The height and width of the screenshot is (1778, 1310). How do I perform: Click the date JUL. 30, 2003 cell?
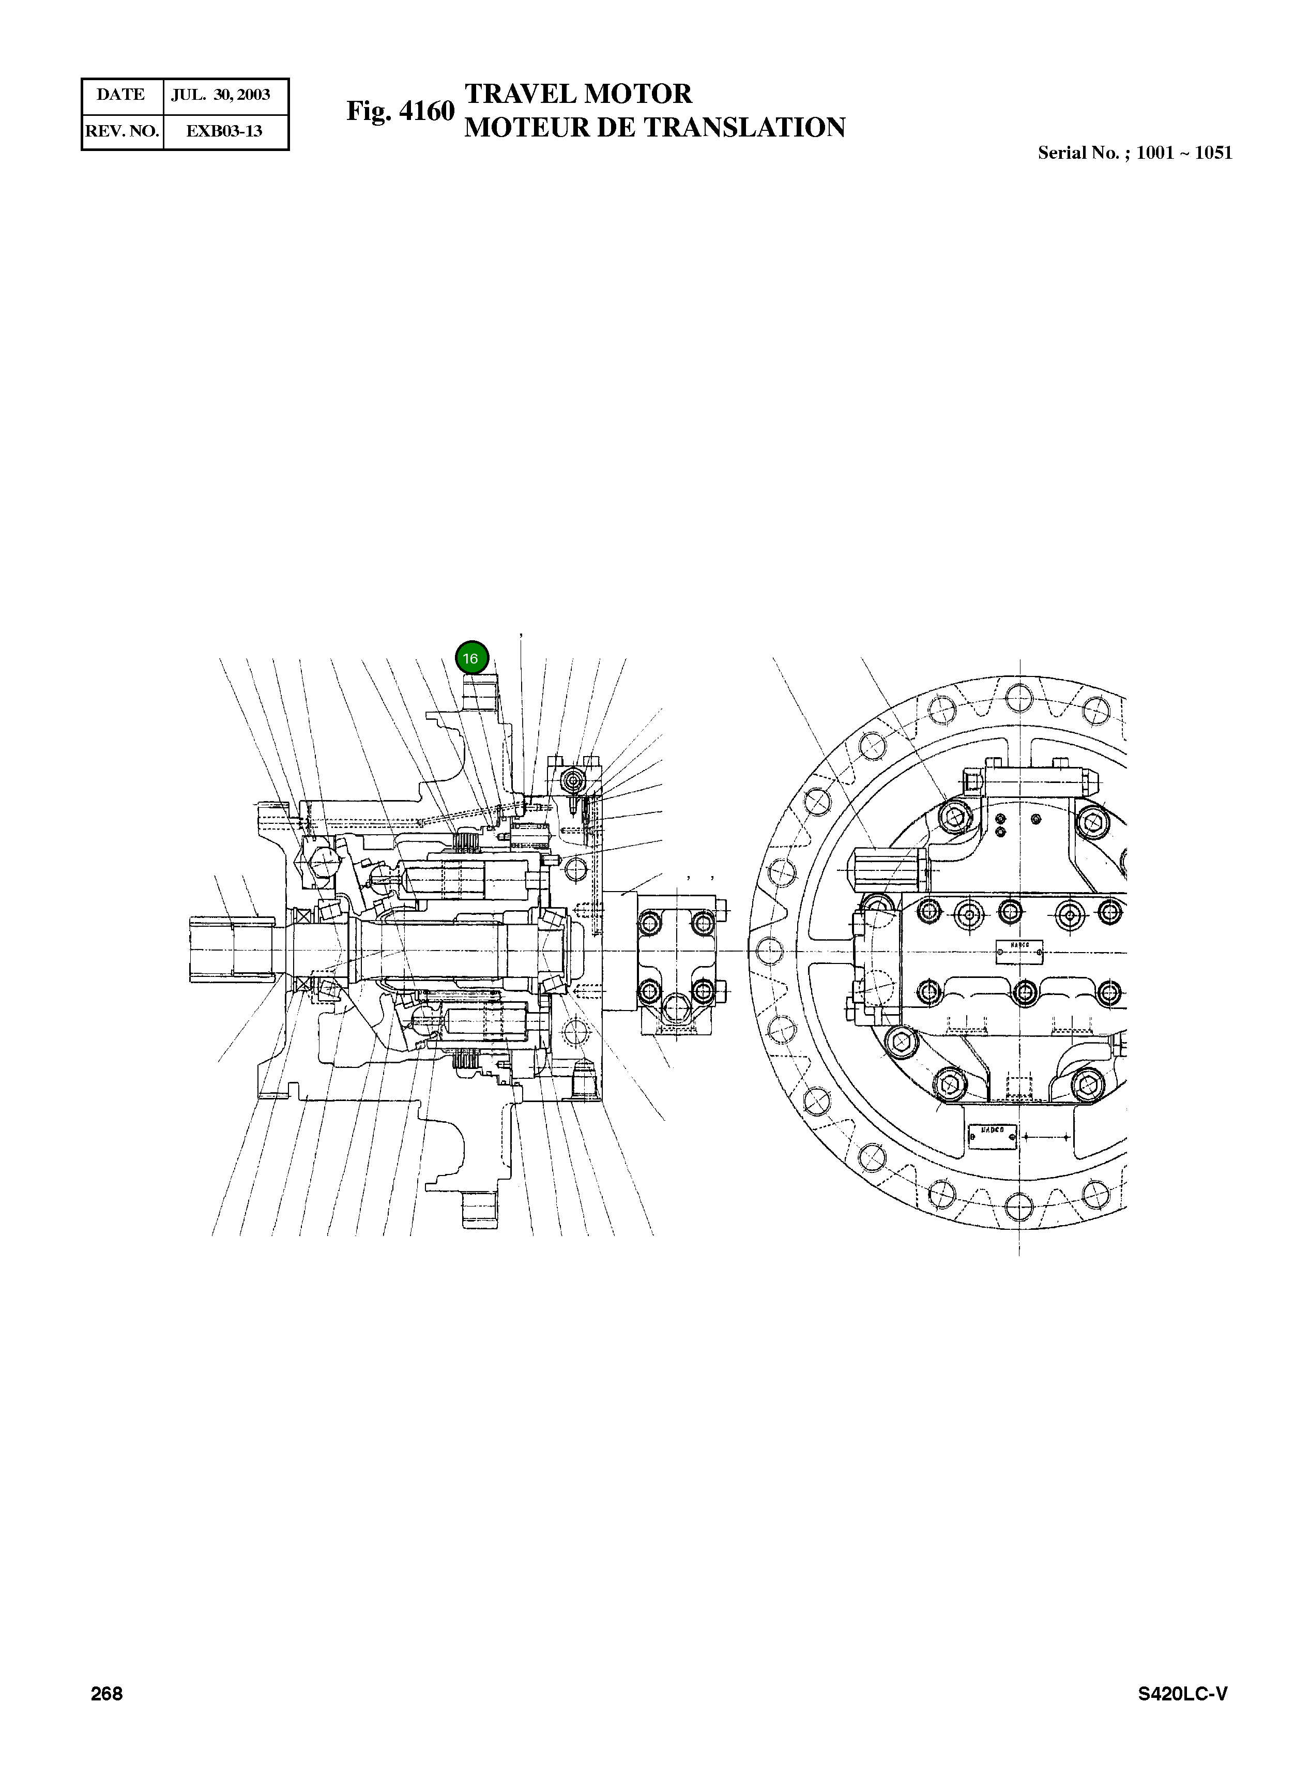221,95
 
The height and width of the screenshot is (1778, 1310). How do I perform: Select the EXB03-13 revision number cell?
224,131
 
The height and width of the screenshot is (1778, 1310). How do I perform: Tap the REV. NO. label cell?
122,131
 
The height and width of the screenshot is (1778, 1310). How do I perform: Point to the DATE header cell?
120,95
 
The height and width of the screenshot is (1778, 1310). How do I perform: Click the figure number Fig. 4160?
401,111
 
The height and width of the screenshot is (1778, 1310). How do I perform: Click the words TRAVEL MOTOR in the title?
578,94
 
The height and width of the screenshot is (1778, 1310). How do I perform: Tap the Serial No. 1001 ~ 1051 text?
1135,153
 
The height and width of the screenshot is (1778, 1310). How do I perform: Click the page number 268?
106,1693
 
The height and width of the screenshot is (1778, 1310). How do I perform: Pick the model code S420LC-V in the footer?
1182,1694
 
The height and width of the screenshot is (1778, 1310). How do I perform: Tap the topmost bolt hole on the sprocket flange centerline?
1018,696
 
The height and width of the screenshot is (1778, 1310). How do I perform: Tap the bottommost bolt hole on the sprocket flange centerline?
1018,1206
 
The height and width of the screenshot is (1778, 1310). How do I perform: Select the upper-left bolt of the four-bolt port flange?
649,922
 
